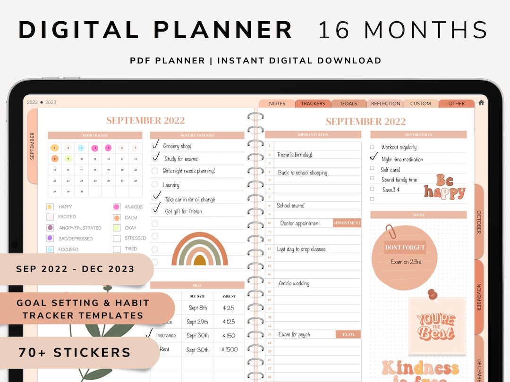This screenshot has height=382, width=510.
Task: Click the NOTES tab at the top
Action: pyautogui.click(x=277, y=104)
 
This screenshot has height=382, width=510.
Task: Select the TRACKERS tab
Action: pyautogui.click(x=313, y=104)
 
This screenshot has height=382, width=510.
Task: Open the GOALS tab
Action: pyautogui.click(x=348, y=104)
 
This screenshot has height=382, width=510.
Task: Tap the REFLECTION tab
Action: pyautogui.click(x=385, y=104)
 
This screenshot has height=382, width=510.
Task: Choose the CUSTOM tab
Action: pyautogui.click(x=420, y=104)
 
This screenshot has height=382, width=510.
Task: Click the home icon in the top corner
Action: pyautogui.click(x=481, y=103)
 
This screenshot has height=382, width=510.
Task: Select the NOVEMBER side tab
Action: pyautogui.click(x=478, y=296)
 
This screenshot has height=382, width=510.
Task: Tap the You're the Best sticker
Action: pyautogui.click(x=435, y=326)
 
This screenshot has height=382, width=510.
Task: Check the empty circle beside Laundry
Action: pyautogui.click(x=155, y=185)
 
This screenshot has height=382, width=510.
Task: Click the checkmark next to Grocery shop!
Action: pyautogui.click(x=155, y=145)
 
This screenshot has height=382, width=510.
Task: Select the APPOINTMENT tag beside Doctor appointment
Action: pyautogui.click(x=347, y=223)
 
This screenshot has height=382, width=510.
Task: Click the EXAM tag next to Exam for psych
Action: pyautogui.click(x=348, y=334)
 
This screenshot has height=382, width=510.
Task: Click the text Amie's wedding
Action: pyautogui.click(x=294, y=283)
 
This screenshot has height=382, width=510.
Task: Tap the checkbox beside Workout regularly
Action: pyautogui.click(x=373, y=148)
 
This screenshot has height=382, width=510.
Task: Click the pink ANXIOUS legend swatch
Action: pyautogui.click(x=116, y=207)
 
